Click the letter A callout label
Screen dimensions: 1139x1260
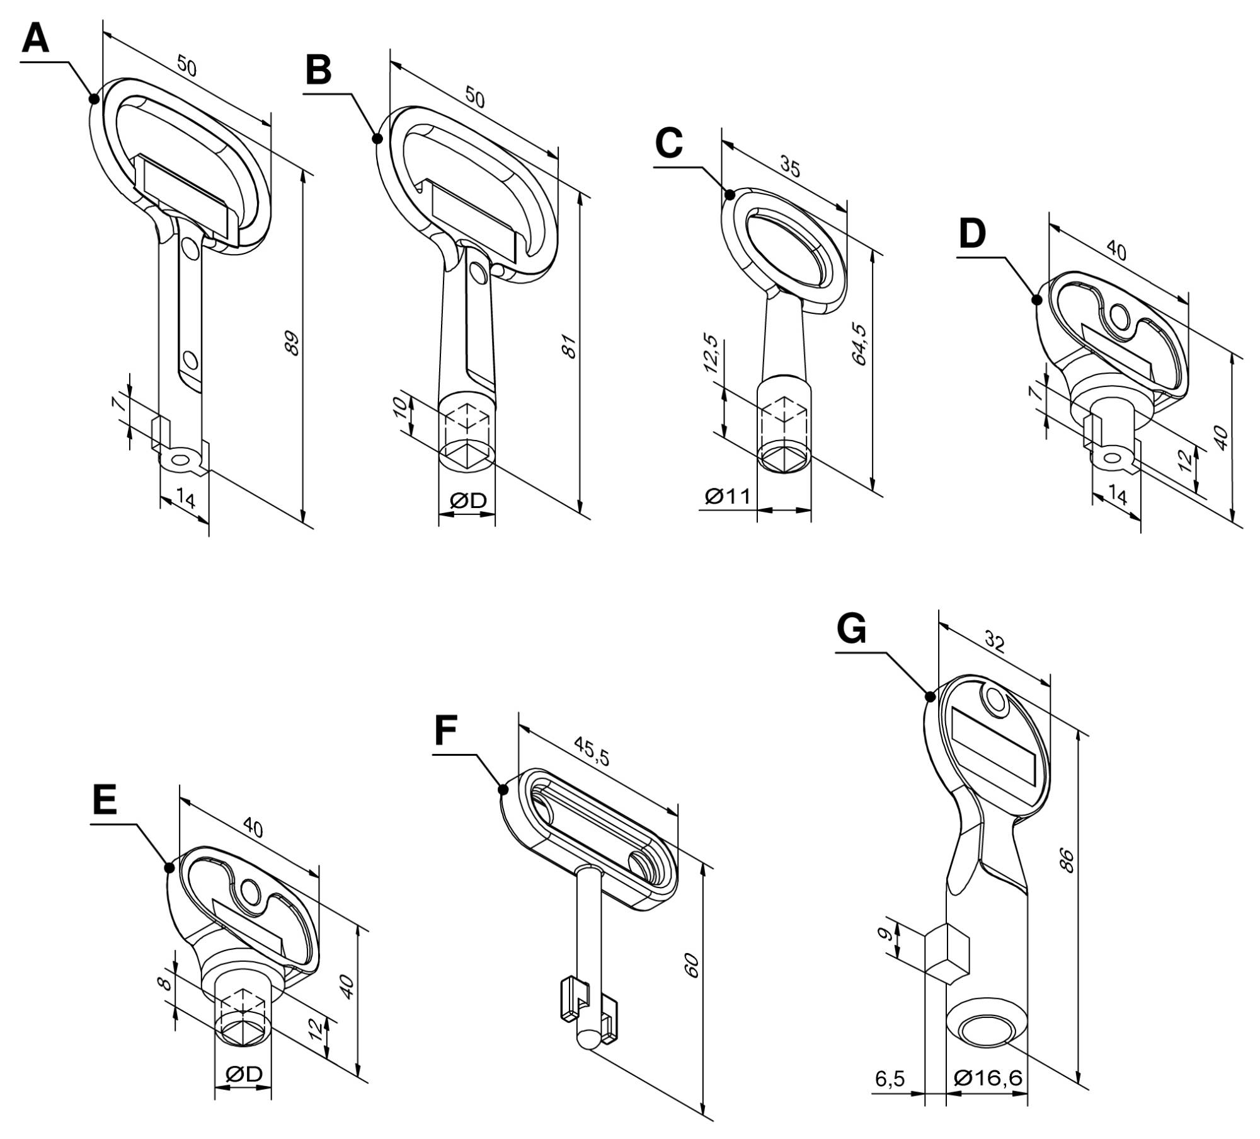pyautogui.click(x=35, y=39)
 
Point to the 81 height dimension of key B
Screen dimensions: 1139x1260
pyautogui.click(x=570, y=347)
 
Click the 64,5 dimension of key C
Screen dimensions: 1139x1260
pyautogui.click(x=859, y=344)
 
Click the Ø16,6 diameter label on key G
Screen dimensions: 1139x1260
pyautogui.click(x=987, y=1078)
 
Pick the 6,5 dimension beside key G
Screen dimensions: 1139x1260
pyautogui.click(x=890, y=1079)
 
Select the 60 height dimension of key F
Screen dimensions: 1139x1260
pyautogui.click(x=692, y=965)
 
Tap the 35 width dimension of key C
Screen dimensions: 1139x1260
pyautogui.click(x=790, y=168)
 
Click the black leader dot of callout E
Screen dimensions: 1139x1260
pyautogui.click(x=169, y=868)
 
